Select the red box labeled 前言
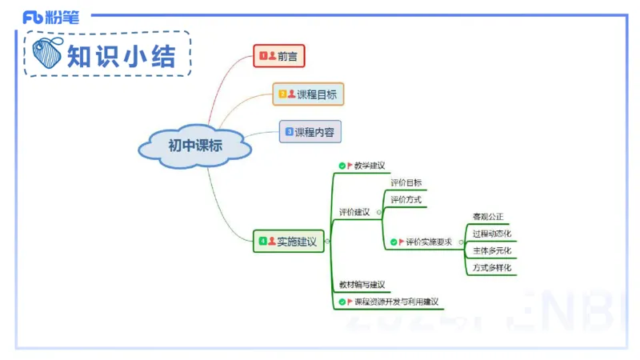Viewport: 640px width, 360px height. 279,56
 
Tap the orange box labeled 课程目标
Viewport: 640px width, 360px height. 308,94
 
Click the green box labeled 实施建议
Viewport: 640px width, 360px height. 289,241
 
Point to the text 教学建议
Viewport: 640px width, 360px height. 370,166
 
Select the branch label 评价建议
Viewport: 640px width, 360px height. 354,212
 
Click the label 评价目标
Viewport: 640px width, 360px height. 406,183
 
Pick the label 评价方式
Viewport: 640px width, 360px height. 406,200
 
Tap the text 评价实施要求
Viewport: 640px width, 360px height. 429,242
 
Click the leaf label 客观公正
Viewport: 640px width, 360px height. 488,217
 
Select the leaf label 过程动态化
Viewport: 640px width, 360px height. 491,234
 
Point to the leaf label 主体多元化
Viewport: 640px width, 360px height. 491,250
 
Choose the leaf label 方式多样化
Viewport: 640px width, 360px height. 491,268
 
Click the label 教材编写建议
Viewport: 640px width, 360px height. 362,285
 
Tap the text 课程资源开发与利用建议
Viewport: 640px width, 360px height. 397,302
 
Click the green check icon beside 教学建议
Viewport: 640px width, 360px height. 342,166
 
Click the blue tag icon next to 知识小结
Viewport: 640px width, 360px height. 49,54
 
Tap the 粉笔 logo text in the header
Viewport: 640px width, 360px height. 61,17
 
